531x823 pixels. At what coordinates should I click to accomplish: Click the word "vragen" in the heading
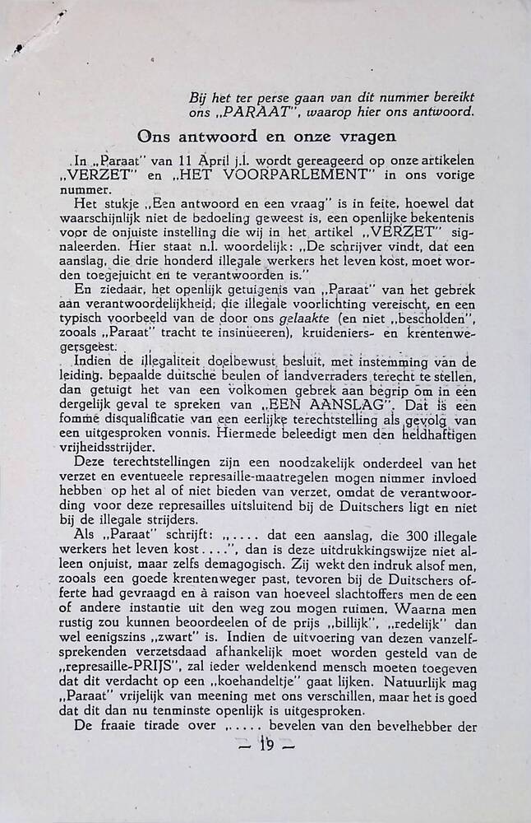[x=367, y=137]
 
